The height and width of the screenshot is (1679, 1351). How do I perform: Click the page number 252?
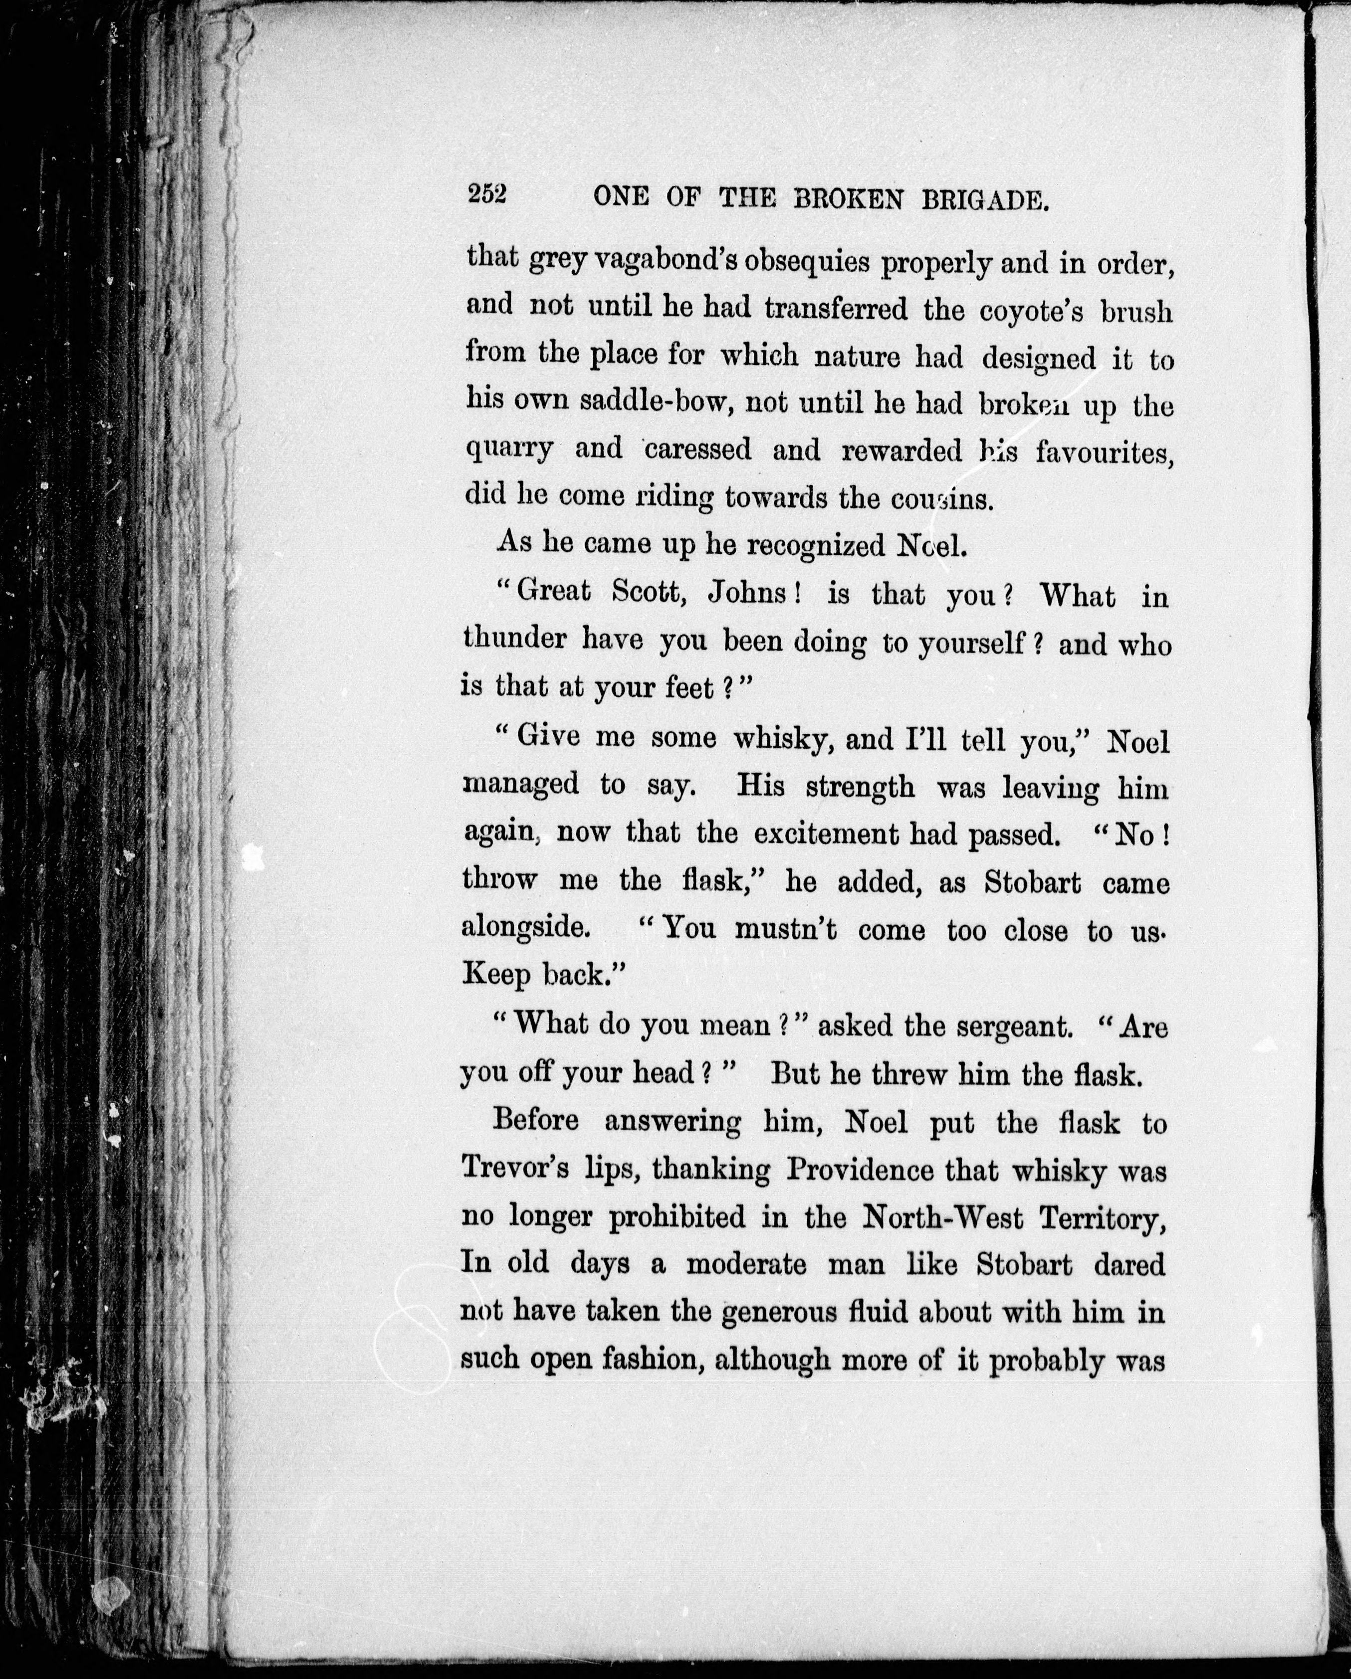point(487,195)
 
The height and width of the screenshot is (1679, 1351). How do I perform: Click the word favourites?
point(1104,453)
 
